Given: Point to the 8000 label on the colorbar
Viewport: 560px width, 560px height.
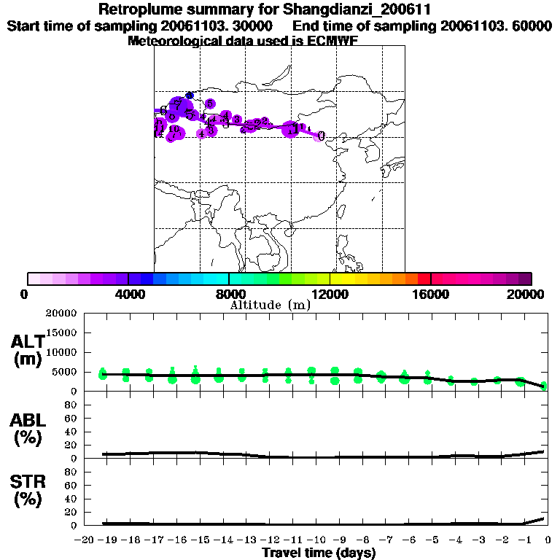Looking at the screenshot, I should [x=229, y=294].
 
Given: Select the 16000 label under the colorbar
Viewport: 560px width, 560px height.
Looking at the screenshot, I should [x=431, y=294].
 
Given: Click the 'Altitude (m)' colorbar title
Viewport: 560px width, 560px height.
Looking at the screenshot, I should [x=271, y=306].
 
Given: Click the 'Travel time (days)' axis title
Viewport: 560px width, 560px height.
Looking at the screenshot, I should [x=319, y=553].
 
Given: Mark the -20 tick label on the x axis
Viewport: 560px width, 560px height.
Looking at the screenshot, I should [x=86, y=540].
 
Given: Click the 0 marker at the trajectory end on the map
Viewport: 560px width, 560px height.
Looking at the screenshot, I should [x=321, y=136].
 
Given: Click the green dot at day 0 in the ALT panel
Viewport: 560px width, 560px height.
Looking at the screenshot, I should [x=544, y=386].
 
